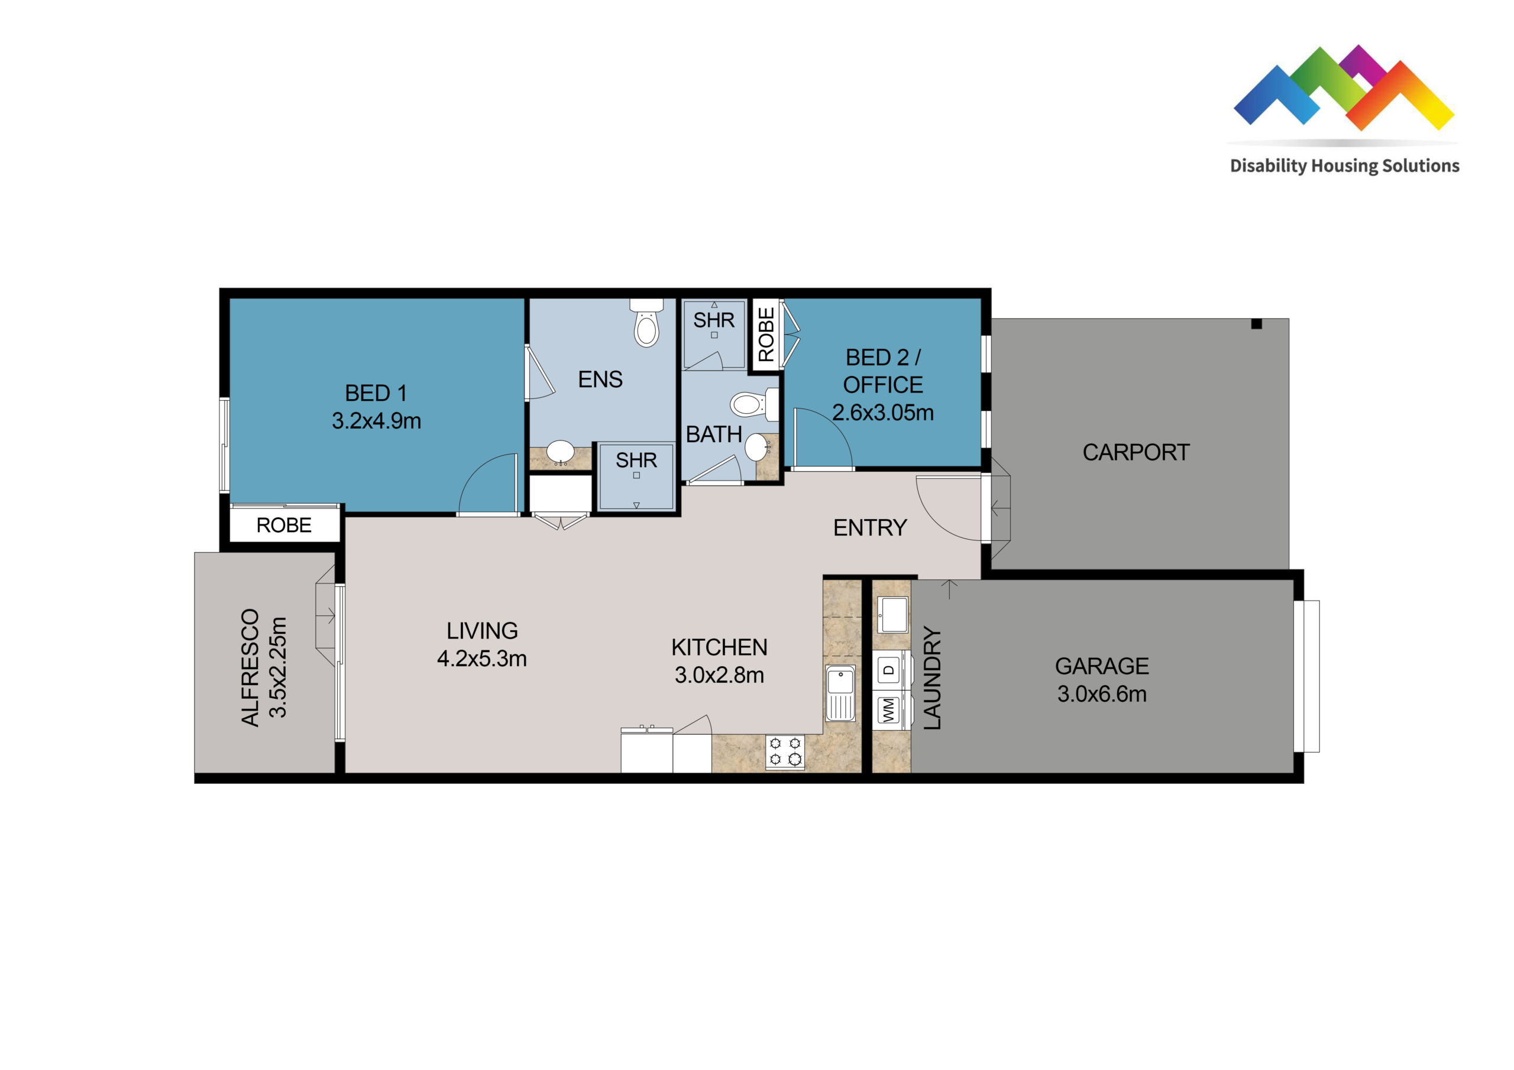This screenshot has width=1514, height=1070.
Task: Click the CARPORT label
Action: tap(1135, 452)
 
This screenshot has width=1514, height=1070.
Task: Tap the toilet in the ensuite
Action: tap(646, 322)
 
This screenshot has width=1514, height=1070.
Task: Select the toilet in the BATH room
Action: tap(755, 404)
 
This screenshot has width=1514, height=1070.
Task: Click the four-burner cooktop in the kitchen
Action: tap(785, 751)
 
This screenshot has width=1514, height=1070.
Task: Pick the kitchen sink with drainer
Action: tap(840, 693)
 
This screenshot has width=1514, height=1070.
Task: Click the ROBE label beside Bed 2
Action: tap(765, 335)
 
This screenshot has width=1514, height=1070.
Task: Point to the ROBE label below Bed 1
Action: tap(284, 526)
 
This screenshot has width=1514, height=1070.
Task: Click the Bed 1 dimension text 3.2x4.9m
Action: tap(377, 421)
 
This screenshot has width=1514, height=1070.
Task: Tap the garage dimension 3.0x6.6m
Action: tap(1102, 694)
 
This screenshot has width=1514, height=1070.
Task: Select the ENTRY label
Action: tap(870, 527)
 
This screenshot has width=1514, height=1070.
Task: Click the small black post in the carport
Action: tap(1256, 324)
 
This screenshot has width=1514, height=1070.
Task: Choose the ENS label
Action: tap(600, 379)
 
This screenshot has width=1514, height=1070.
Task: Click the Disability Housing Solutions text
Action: tap(1344, 166)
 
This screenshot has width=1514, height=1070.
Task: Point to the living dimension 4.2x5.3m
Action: tap(482, 659)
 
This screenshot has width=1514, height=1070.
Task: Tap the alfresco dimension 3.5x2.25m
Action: tap(277, 667)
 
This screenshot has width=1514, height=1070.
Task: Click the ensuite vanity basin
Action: tap(561, 452)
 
